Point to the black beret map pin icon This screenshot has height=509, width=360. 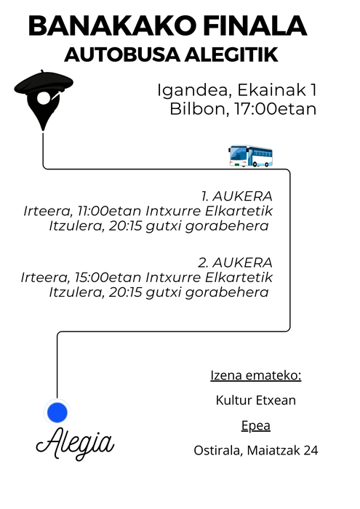coord(43,98)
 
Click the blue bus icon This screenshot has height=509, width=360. coord(251,156)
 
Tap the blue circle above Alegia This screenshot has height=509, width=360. coord(57,412)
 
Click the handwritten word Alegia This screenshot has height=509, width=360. coord(76,442)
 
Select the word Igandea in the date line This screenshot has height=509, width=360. coord(185,91)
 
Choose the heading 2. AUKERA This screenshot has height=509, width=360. coord(234,262)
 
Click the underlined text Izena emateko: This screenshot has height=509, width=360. coord(255,376)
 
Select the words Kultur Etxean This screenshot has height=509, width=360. coord(255,400)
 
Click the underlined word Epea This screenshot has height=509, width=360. coord(255,425)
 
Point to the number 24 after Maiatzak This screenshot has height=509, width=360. coord(311,451)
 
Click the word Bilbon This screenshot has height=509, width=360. coord(194,110)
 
